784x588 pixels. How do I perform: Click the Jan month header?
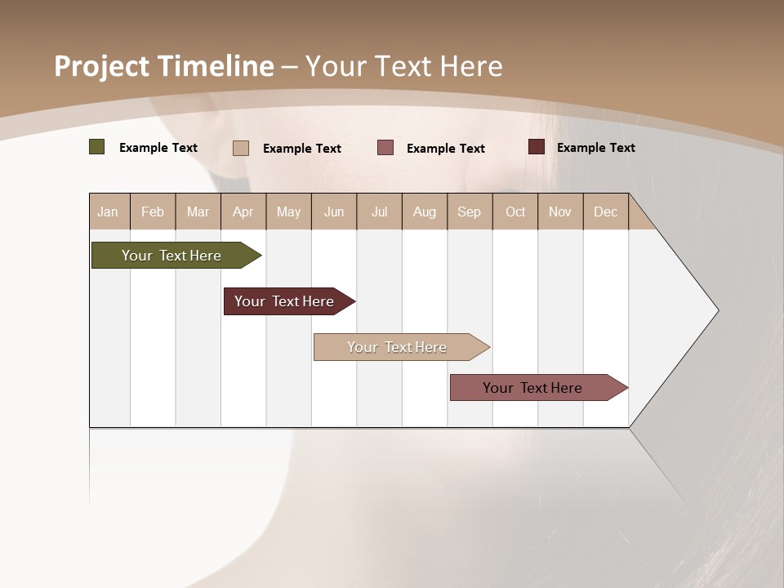pyautogui.click(x=108, y=212)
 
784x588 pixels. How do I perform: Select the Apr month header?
pyautogui.click(x=243, y=212)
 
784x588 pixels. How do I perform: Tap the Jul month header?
pyautogui.click(x=379, y=212)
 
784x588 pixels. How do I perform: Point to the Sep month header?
pyautogui.click(x=469, y=212)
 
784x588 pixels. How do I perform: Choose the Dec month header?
pyautogui.click(x=605, y=212)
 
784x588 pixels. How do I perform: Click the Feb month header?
pyautogui.click(x=153, y=212)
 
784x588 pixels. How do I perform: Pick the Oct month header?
pyautogui.click(x=515, y=212)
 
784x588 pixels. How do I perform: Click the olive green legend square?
pyautogui.click(x=96, y=147)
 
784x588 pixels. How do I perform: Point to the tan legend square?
pyautogui.click(x=240, y=148)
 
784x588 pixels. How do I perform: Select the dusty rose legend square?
pyautogui.click(x=385, y=148)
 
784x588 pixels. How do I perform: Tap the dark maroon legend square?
pyautogui.click(x=536, y=147)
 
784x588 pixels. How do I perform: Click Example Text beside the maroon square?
pyautogui.click(x=595, y=148)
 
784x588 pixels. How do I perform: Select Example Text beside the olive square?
pyautogui.click(x=158, y=148)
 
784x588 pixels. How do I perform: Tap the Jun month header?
pyautogui.click(x=334, y=212)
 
